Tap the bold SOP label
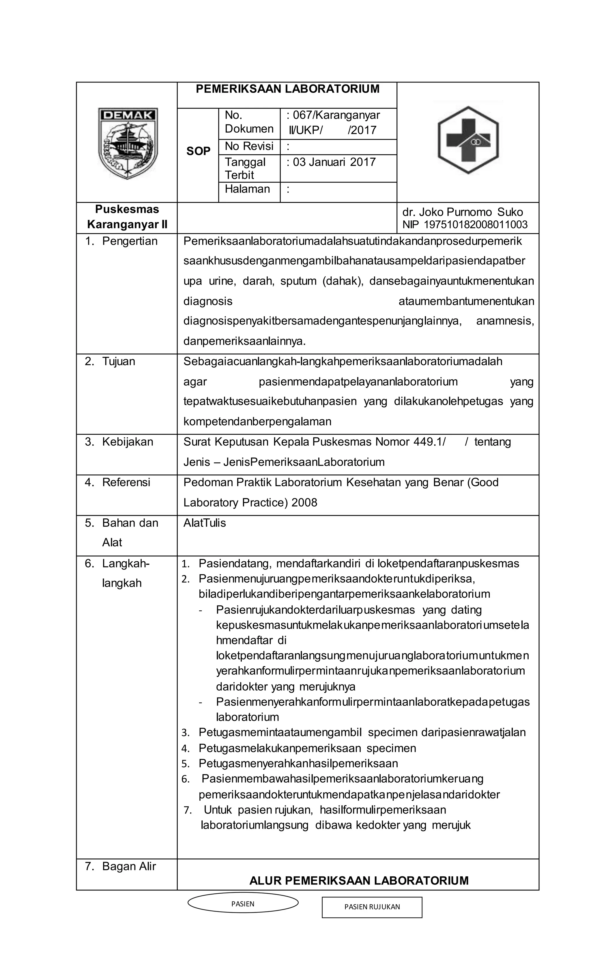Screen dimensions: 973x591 click(198, 151)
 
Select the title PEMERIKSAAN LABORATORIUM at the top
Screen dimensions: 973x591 click(287, 89)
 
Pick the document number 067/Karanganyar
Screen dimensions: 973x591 click(336, 115)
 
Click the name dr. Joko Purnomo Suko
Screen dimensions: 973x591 click(462, 212)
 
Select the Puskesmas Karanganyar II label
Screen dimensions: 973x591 click(127, 217)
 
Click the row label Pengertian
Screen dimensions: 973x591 click(129, 241)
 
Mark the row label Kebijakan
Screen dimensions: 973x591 click(127, 442)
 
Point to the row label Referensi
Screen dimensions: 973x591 click(126, 482)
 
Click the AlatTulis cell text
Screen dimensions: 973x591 click(204, 523)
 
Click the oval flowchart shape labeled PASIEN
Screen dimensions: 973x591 click(243, 904)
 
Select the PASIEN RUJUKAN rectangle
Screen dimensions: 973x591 click(372, 907)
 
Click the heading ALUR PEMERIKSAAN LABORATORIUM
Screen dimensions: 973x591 click(358, 881)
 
